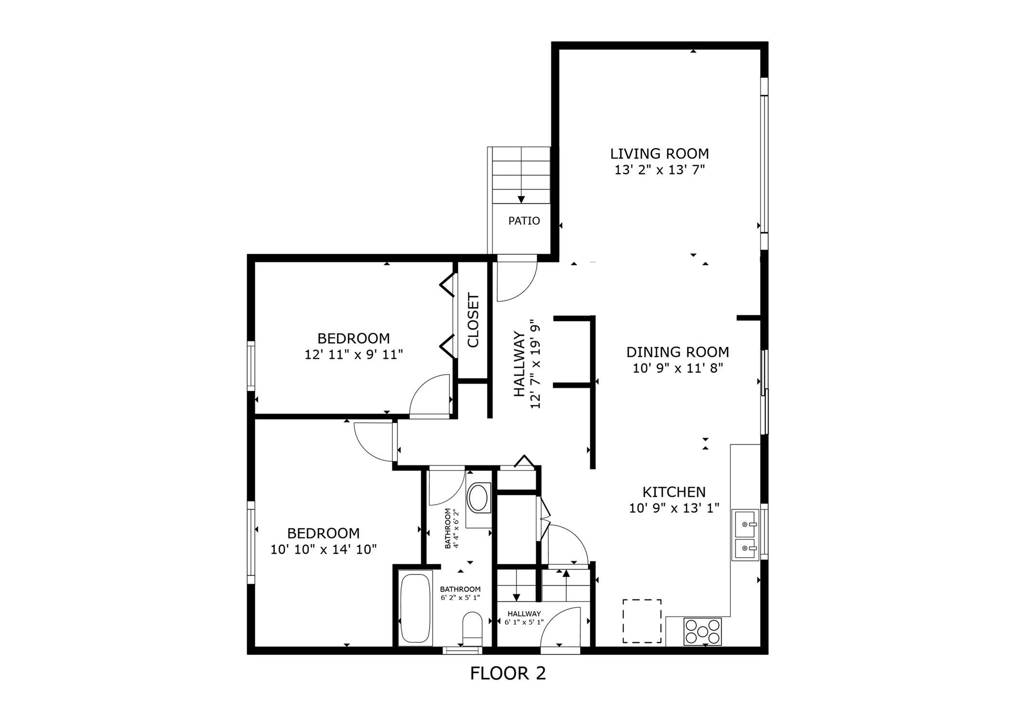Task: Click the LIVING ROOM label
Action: point(659,154)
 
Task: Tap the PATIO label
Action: point(524,221)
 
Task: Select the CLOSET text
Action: point(473,320)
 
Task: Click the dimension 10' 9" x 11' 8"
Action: point(677,368)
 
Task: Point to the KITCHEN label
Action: point(673,492)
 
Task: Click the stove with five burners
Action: point(702,631)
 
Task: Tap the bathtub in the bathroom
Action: point(415,608)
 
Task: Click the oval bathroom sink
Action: point(478,498)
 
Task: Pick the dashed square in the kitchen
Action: point(642,621)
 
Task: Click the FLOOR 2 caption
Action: point(508,673)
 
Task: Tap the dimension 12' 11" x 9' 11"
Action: point(353,355)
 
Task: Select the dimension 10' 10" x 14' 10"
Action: point(323,549)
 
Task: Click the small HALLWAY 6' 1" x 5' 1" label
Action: point(524,618)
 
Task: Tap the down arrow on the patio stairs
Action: point(521,199)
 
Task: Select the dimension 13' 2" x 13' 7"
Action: point(659,170)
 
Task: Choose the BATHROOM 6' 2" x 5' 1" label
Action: point(460,593)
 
